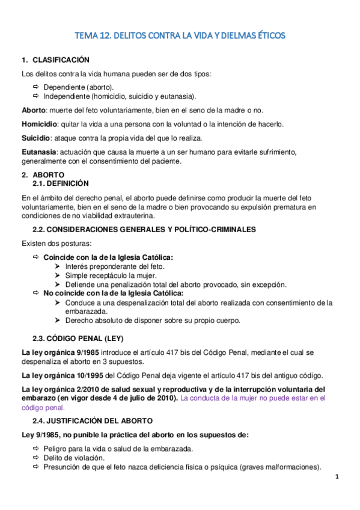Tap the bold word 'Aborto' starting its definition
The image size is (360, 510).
coord(33,111)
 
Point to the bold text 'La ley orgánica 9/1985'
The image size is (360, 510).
coord(59,351)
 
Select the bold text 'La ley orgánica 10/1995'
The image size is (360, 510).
coord(61,375)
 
